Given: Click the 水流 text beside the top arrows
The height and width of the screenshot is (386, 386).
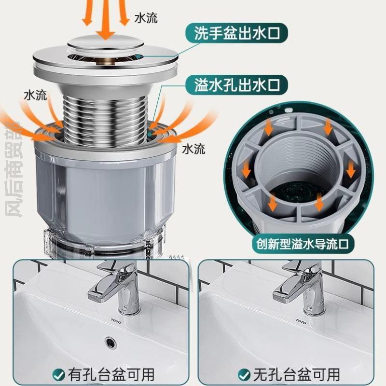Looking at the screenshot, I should click(146, 19).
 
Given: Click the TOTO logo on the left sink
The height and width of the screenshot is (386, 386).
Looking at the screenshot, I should click(116, 321).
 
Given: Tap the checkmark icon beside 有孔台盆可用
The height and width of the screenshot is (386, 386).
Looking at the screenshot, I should click(59, 373).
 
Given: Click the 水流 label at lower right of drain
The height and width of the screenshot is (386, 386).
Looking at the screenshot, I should click(193, 149).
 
